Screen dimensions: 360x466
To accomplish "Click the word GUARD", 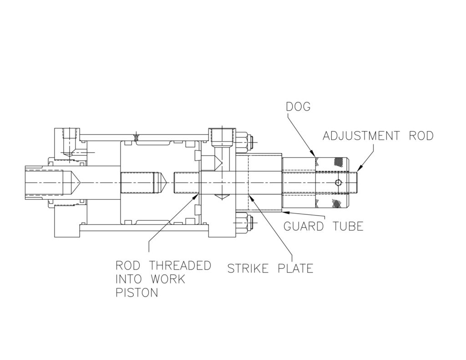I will tap(304, 226).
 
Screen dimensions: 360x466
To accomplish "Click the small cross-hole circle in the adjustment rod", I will tap(337, 183).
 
